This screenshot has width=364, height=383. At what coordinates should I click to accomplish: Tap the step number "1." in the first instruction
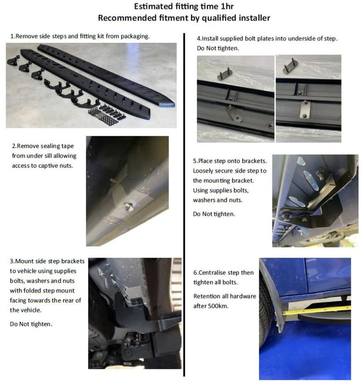pos(12,36)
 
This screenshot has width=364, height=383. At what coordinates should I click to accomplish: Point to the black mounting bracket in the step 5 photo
pos(318,200)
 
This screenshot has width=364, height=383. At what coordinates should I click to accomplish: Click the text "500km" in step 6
pos(220,306)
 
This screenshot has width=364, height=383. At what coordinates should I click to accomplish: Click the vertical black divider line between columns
pos(184,204)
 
